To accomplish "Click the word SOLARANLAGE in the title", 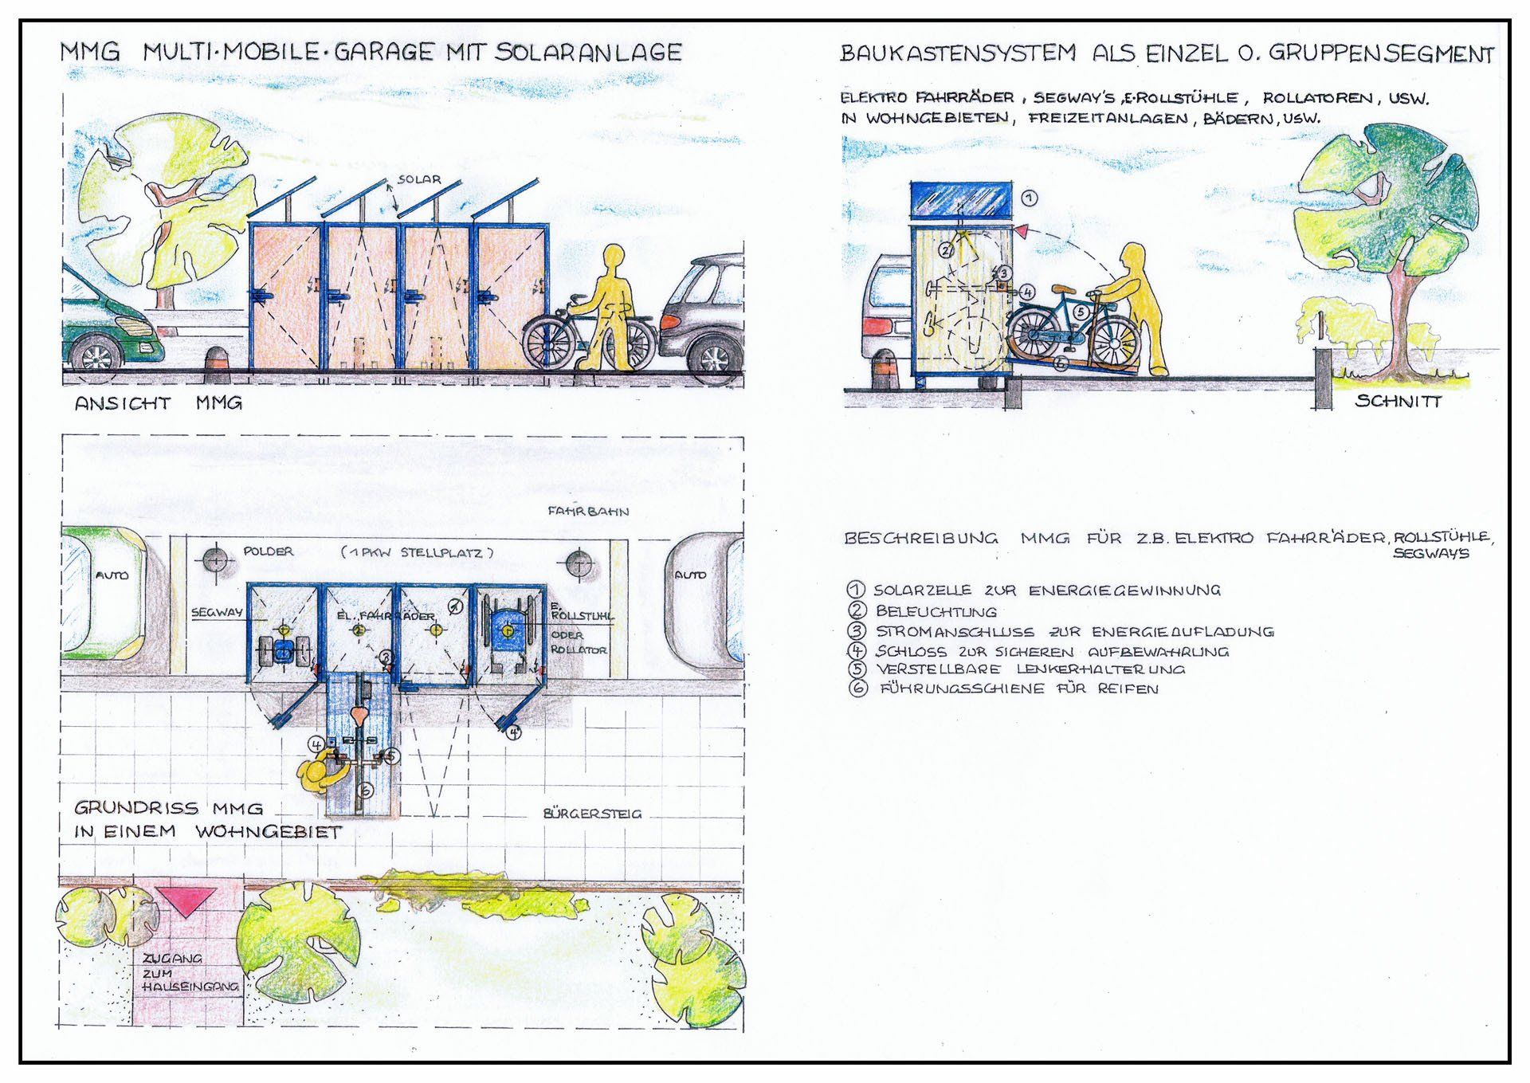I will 588,53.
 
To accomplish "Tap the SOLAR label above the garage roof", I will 419,179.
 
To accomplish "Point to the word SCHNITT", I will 1399,401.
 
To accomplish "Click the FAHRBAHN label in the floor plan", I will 588,511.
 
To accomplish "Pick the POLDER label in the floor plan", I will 269,551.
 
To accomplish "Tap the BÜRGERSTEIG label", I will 592,814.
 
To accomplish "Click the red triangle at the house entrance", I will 186,901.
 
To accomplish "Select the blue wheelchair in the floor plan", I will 504,630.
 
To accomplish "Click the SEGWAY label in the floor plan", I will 217,613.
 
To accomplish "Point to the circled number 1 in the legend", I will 857,590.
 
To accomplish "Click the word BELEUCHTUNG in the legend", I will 936,611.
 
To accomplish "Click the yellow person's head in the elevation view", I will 614,258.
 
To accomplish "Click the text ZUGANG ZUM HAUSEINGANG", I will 190,972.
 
